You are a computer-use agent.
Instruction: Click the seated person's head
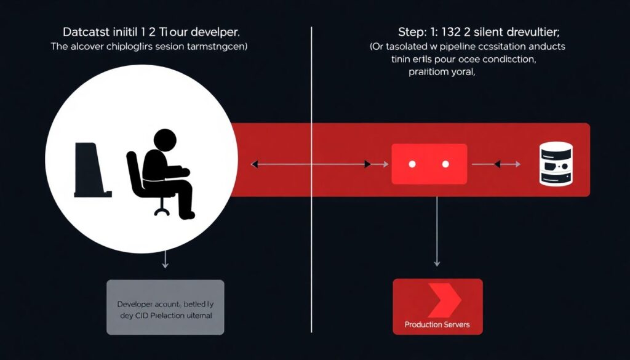point(164,140)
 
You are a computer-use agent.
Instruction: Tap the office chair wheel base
point(162,211)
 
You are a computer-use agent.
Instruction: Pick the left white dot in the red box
point(412,164)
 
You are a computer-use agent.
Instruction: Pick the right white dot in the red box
point(445,164)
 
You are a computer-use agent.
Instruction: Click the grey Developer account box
point(165,307)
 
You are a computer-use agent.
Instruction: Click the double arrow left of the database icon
point(504,164)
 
